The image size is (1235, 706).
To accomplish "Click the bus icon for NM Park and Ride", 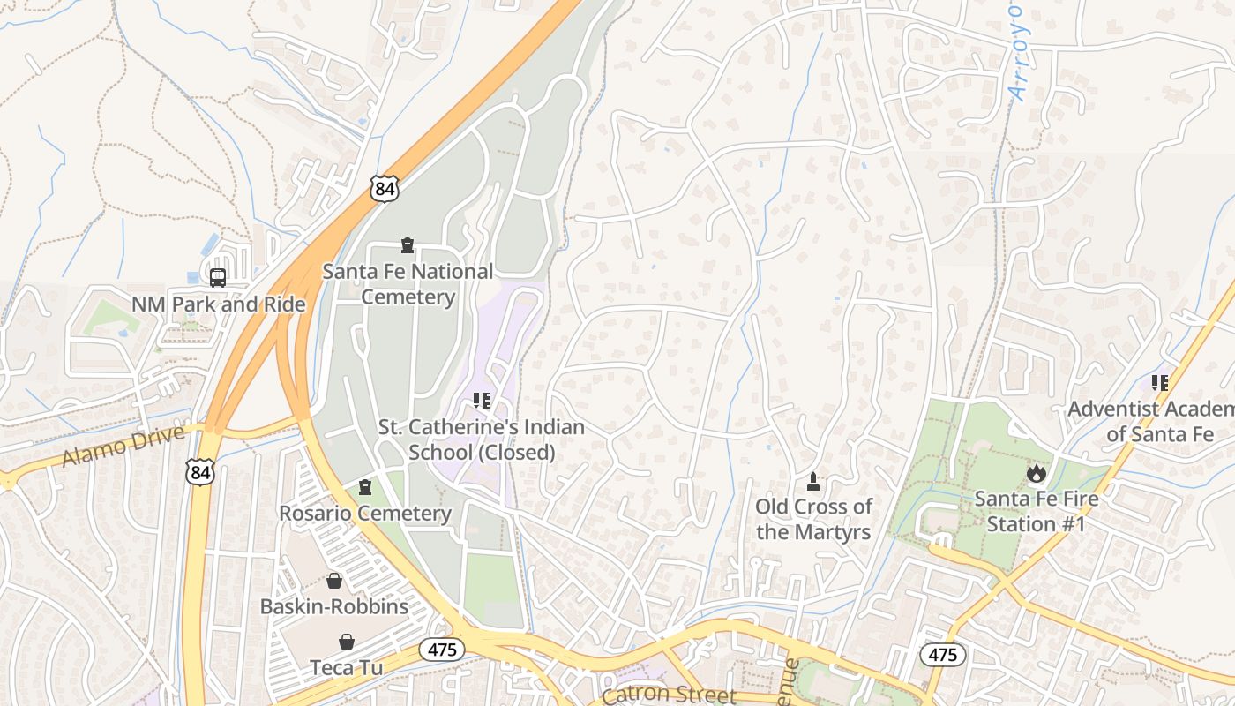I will (x=218, y=277).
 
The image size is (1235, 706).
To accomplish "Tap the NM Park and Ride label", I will (x=219, y=304).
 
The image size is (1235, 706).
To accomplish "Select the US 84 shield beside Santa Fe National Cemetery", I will (x=385, y=188).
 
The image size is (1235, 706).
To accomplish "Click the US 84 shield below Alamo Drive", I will (x=200, y=472).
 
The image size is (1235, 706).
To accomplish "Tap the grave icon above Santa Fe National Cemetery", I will (x=407, y=244).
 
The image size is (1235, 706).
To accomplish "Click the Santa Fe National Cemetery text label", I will (x=408, y=284).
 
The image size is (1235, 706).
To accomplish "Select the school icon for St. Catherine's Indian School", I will (x=481, y=401).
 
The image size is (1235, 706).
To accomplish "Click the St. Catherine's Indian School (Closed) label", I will (x=482, y=439).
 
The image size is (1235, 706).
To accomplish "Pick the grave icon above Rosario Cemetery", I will (x=365, y=487).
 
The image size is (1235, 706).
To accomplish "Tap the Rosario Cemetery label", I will (x=365, y=513).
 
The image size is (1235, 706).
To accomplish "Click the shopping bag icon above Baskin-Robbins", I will (x=334, y=581).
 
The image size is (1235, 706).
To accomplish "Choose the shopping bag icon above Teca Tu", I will (x=347, y=641).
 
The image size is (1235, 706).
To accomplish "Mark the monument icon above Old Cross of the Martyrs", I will (x=813, y=481).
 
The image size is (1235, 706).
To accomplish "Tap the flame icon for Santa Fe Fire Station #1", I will (x=1036, y=473).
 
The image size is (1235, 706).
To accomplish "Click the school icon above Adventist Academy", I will (x=1160, y=383).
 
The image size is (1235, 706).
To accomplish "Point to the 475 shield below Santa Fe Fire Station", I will (x=943, y=655).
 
